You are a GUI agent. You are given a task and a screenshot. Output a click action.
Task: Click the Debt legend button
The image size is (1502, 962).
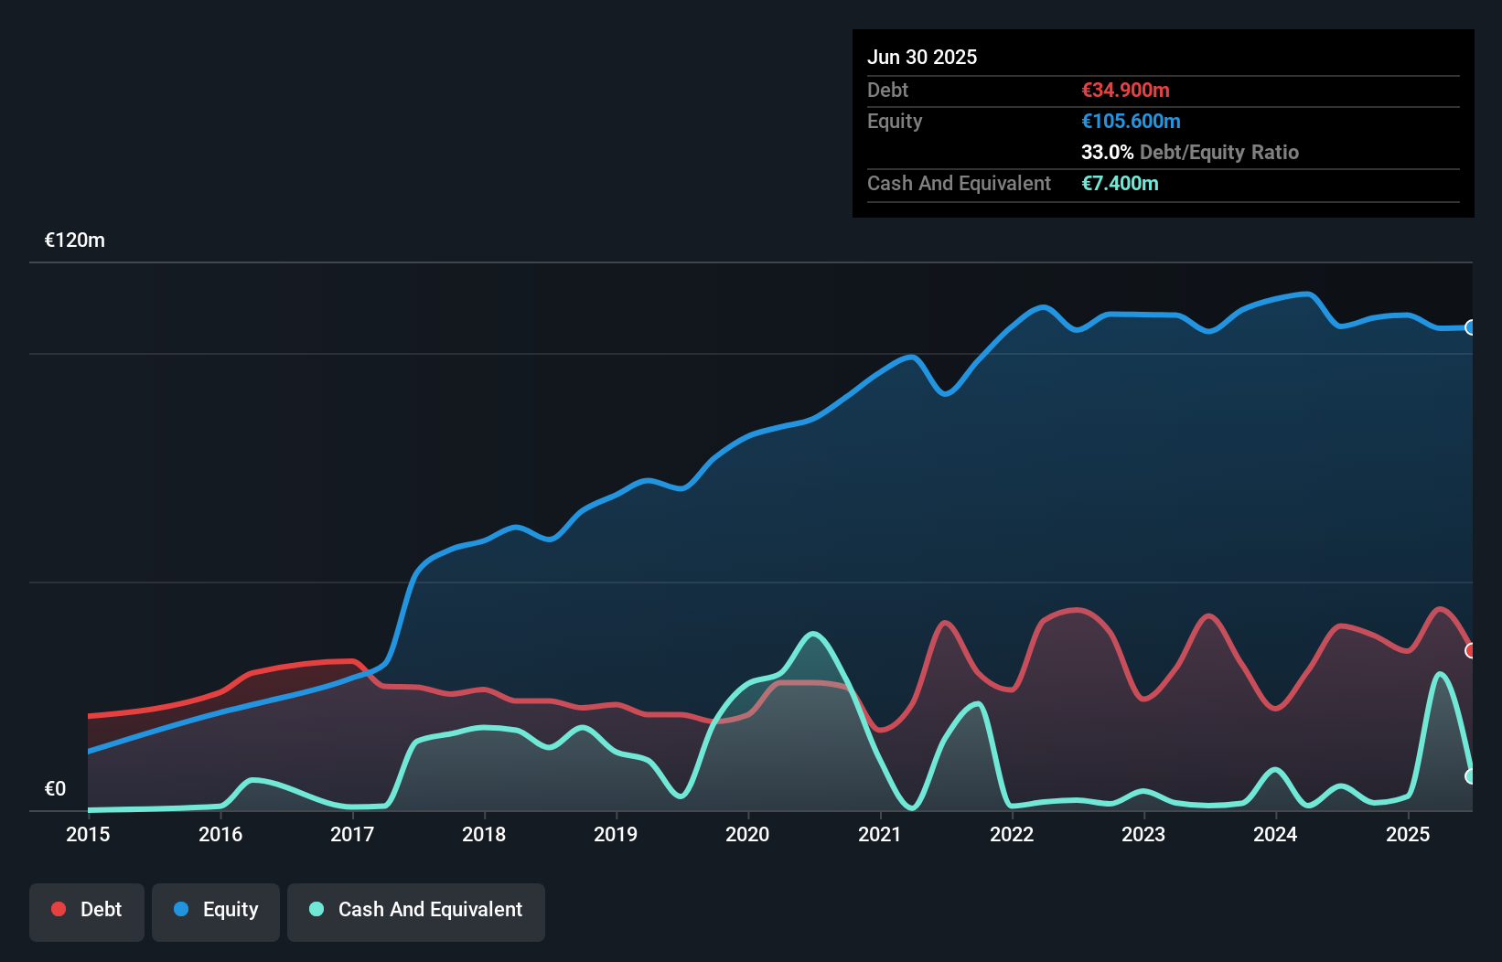[87, 910]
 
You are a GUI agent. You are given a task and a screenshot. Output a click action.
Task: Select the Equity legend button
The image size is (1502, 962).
[216, 910]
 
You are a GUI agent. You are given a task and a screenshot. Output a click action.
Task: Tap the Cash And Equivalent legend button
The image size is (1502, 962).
[416, 910]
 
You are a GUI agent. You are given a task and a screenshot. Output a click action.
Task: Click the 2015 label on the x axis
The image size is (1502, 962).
[88, 834]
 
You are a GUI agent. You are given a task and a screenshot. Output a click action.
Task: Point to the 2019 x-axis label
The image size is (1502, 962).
[616, 834]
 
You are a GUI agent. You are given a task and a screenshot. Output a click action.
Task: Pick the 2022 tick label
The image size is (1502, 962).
[1012, 834]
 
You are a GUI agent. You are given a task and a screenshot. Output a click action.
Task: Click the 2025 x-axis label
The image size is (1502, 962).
[1408, 834]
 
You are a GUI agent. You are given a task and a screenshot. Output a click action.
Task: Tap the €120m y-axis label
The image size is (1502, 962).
[75, 240]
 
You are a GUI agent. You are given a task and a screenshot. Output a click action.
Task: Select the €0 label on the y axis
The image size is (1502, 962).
[55, 788]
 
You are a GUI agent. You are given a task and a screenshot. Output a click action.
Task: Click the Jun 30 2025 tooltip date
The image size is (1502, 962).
[922, 57]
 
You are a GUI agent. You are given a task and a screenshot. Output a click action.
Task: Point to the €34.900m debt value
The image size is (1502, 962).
[1125, 90]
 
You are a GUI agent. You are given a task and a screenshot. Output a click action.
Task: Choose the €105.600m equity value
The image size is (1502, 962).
[1131, 121]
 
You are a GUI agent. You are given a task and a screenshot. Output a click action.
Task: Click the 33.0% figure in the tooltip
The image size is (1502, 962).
[1107, 152]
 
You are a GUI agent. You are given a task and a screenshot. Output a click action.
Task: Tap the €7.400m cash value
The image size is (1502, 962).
[1120, 183]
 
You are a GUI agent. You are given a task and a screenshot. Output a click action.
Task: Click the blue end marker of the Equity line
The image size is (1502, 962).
[1471, 327]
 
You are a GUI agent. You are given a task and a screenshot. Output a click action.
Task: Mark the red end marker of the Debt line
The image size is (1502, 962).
[1471, 650]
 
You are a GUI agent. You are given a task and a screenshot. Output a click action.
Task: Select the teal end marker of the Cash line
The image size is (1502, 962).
[1471, 775]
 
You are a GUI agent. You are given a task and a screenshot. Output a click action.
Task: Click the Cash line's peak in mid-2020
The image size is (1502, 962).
[813, 634]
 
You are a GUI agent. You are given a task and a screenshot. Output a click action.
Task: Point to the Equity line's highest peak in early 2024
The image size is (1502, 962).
[1309, 294]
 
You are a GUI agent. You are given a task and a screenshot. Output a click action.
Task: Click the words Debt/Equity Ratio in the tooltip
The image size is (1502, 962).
[1218, 152]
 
